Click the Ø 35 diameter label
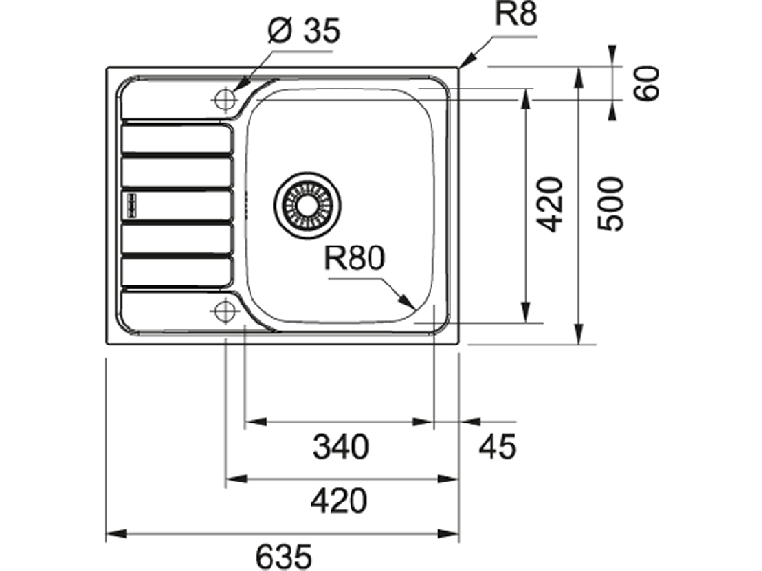click(305, 31)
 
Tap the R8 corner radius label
click(516, 14)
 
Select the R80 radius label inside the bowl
click(354, 258)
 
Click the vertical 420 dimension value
click(551, 205)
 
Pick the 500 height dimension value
click(611, 205)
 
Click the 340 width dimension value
click(341, 446)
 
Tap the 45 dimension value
click(497, 446)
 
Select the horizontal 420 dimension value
click(339, 502)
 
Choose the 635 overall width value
click(284, 557)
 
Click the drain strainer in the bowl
click(307, 205)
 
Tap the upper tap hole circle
click(225, 99)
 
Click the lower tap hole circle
click(225, 311)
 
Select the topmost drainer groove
click(177, 138)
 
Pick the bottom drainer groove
click(177, 271)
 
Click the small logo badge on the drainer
click(131, 205)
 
